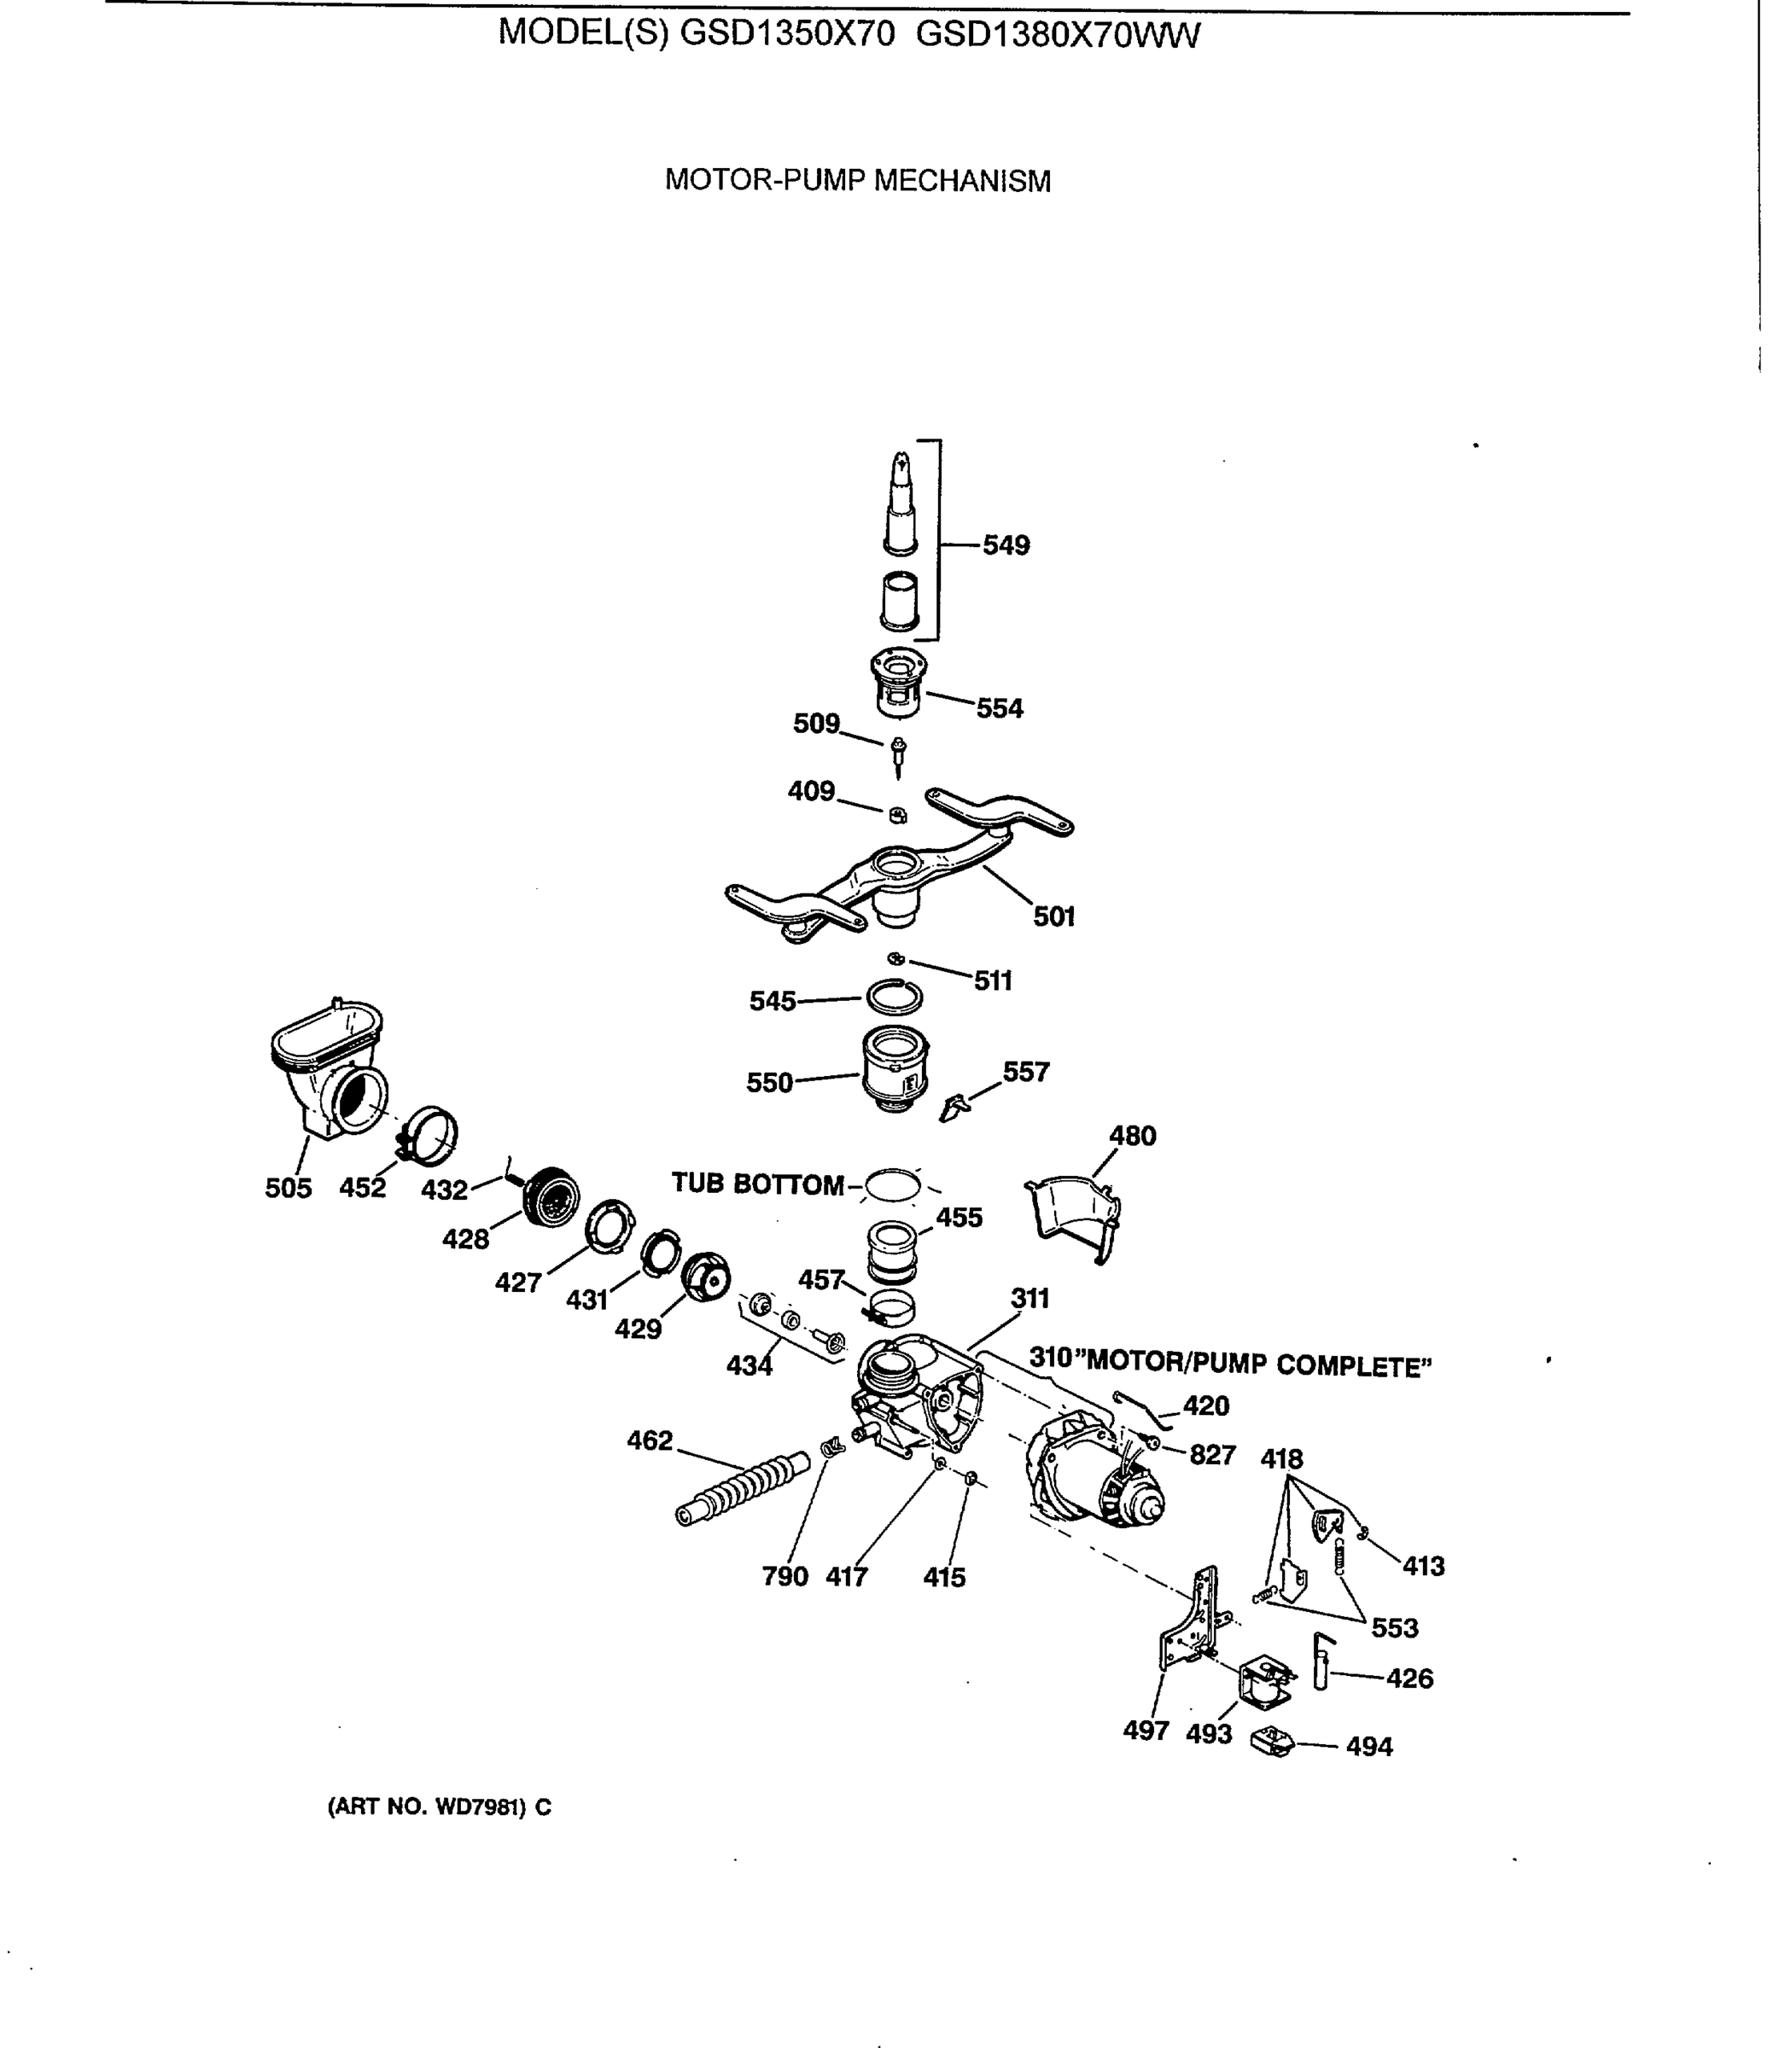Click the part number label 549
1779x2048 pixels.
[1006, 546]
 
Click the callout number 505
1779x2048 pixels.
[288, 1188]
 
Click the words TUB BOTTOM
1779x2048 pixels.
[757, 1184]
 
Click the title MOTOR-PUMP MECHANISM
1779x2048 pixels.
[858, 181]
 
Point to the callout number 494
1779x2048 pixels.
[1369, 1747]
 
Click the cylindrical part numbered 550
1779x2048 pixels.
[895, 1071]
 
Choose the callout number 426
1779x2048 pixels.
[1409, 1678]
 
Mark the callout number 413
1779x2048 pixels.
[1423, 1566]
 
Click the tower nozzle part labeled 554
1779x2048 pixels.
[898, 682]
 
